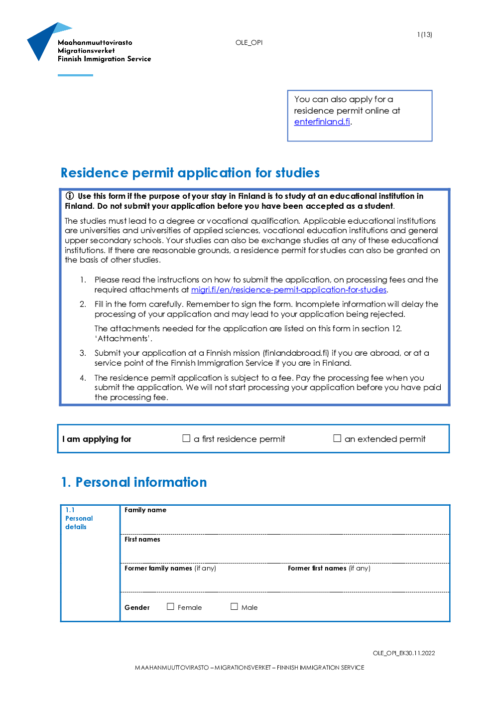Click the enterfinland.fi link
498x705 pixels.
322,122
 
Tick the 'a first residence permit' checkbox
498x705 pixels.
186,438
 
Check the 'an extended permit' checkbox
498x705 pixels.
337,438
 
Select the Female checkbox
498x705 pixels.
170,607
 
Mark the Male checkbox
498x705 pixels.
234,607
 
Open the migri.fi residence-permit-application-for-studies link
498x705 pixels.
288,290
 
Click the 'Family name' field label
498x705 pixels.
145,510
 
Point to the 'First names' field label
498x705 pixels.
142,540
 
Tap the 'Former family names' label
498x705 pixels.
158,568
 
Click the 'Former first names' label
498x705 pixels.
317,568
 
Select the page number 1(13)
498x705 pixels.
424,35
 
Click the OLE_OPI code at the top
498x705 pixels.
249,43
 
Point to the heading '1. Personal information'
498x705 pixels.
134,482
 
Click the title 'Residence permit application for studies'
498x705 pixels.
190,173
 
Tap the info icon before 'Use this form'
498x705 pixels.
70,196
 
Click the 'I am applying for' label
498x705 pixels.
97,439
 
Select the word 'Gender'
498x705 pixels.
137,608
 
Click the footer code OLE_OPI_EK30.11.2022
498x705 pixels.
404,653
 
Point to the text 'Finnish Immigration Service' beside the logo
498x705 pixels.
104,59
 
